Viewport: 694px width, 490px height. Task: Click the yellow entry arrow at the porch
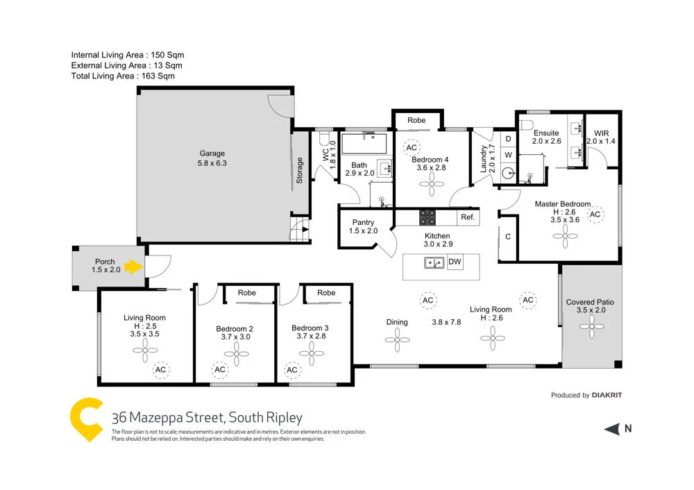pyautogui.click(x=135, y=265)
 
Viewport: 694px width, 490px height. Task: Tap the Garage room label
pyautogui.click(x=212, y=158)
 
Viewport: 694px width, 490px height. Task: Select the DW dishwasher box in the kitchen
pyautogui.click(x=455, y=262)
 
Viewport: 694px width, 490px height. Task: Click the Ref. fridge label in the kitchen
pyautogui.click(x=467, y=217)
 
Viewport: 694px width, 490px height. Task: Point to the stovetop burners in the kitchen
pyautogui.click(x=427, y=217)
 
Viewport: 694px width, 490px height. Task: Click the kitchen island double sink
pyautogui.click(x=435, y=262)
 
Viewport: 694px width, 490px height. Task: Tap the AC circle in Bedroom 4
pyautogui.click(x=412, y=148)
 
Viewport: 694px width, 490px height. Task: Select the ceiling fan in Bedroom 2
pyautogui.click(x=241, y=355)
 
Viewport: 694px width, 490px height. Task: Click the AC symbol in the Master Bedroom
pyautogui.click(x=595, y=215)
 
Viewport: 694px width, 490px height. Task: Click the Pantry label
pyautogui.click(x=364, y=227)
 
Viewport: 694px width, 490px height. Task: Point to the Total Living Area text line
pyautogui.click(x=123, y=76)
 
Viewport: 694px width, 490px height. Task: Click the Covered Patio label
pyautogui.click(x=590, y=306)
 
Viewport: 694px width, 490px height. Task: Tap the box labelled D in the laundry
pyautogui.click(x=508, y=140)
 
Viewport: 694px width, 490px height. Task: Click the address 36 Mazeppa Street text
pyautogui.click(x=207, y=418)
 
